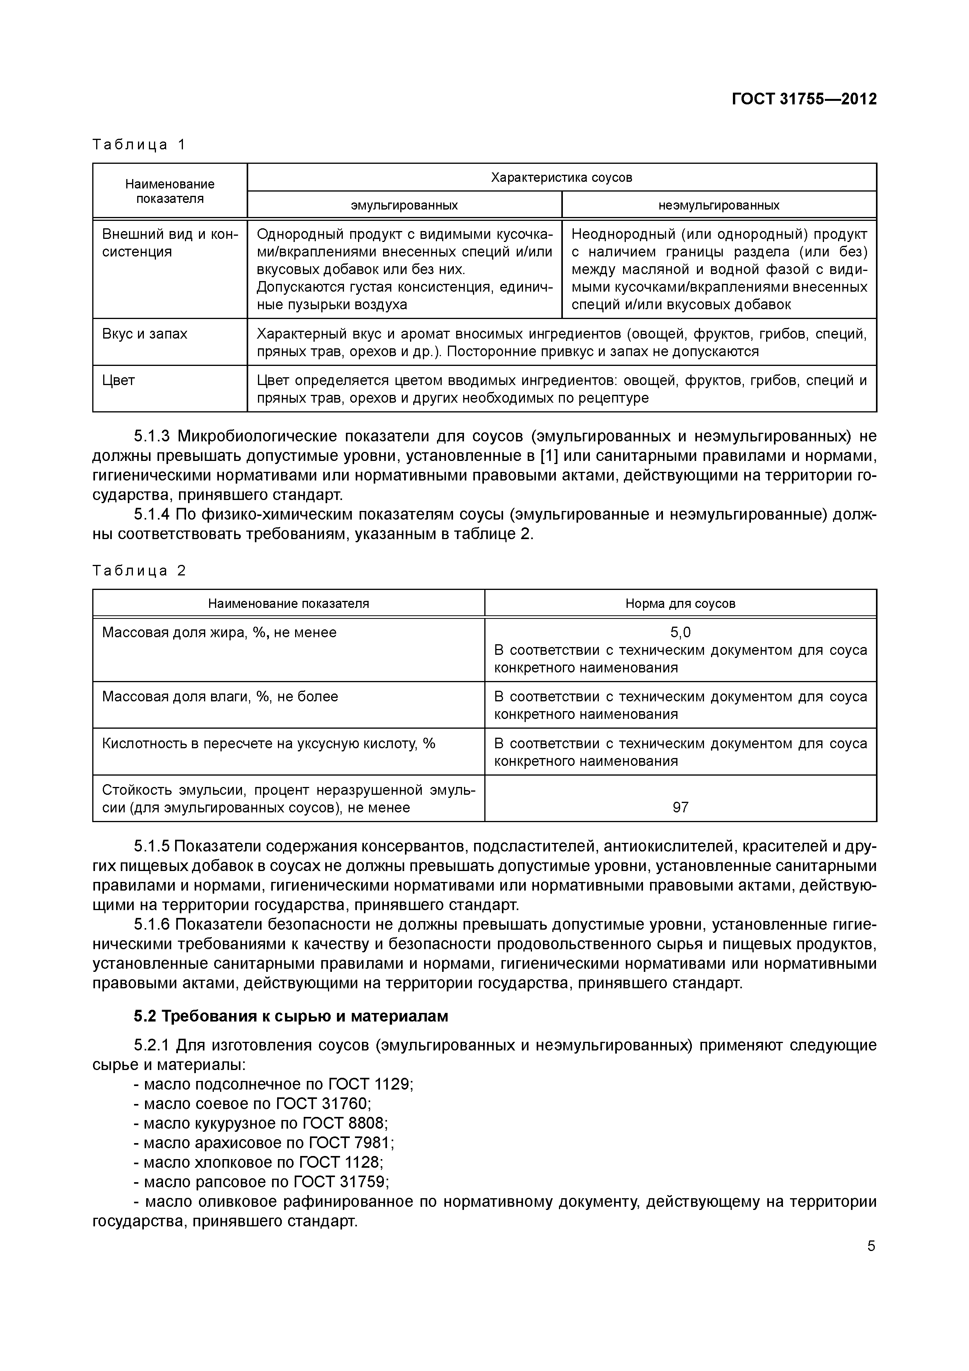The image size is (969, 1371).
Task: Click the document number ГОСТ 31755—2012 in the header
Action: tap(804, 99)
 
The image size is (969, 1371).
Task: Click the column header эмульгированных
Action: tap(404, 205)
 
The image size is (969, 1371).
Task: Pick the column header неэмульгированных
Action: tap(719, 205)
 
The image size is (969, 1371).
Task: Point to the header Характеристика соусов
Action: tap(561, 177)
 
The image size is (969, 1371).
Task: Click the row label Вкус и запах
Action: tap(145, 334)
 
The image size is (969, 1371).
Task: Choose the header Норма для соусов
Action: tap(680, 604)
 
